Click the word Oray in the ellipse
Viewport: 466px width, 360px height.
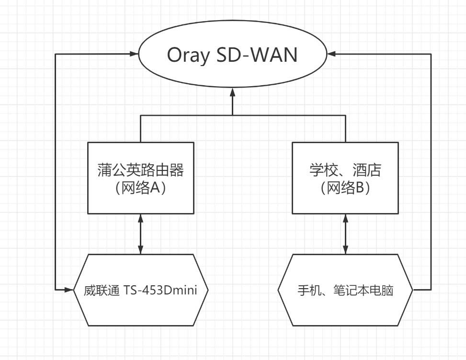[188, 56]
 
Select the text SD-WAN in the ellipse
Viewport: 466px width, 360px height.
[257, 55]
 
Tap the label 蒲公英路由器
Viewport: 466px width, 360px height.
[141, 170]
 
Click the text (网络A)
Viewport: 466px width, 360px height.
[141, 188]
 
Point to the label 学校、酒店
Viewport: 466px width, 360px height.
[345, 170]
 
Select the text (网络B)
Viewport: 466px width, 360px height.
[345, 188]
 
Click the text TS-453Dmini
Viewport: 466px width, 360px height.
[160, 290]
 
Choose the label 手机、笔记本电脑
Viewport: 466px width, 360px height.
[345, 291]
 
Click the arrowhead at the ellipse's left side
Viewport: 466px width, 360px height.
[134, 54]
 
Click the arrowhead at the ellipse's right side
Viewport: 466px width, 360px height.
[331, 54]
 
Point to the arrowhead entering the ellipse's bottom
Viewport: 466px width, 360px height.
[232, 92]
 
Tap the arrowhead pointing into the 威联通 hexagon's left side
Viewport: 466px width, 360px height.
[69, 289]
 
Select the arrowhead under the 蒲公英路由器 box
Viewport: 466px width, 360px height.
[141, 219]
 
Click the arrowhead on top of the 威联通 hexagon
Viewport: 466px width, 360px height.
[141, 249]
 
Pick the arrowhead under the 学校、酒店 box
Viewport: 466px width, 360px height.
[345, 219]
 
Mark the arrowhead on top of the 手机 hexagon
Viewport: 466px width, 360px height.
[345, 249]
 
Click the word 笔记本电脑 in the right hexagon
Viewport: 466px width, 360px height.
[363, 291]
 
